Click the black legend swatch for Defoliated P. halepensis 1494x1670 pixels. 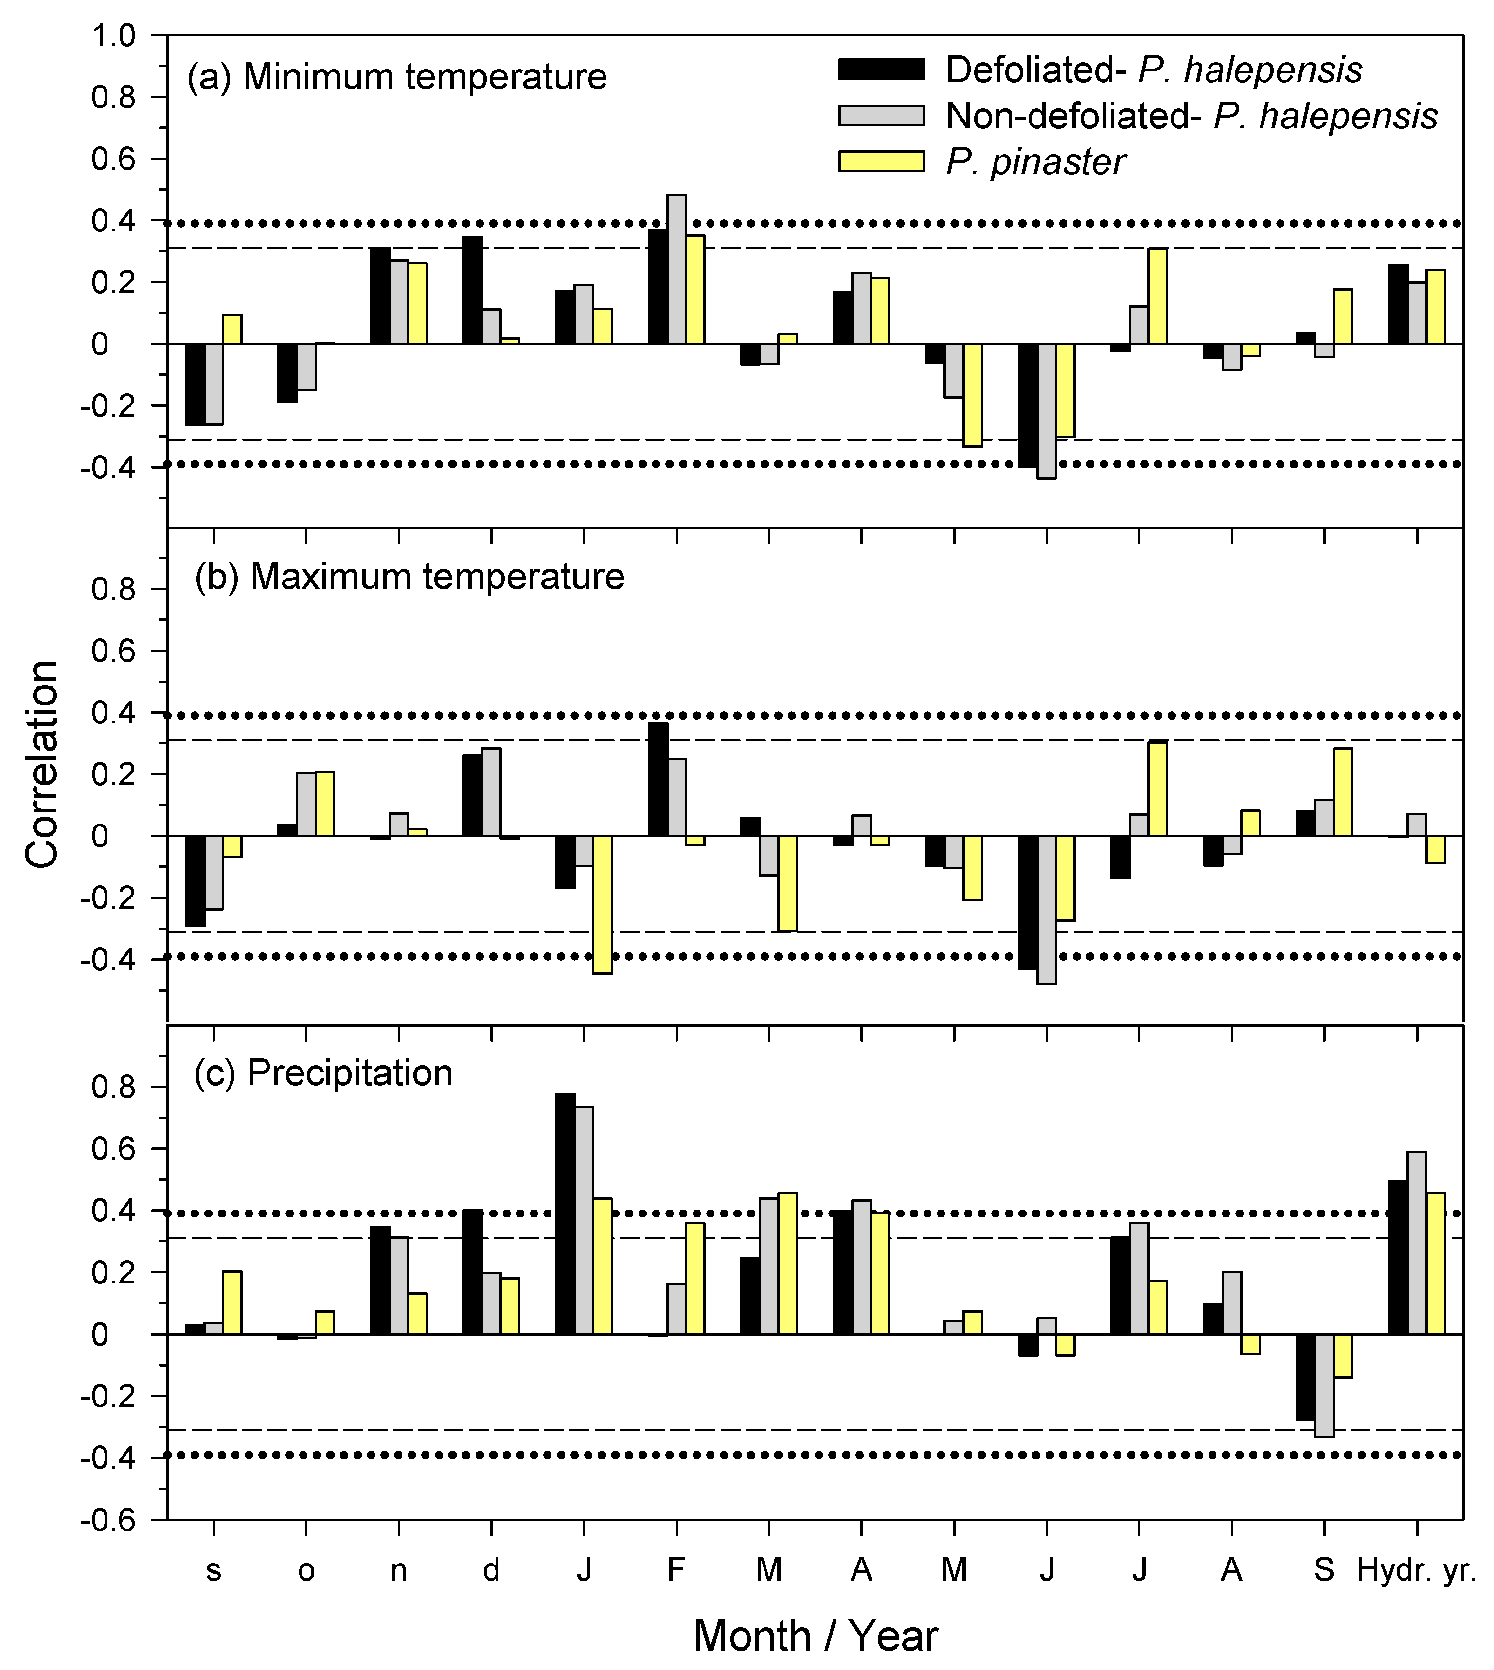click(881, 69)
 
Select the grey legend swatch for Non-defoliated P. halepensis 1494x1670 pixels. click(881, 115)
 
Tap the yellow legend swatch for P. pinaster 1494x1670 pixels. click(881, 161)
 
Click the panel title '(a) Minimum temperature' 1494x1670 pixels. click(397, 77)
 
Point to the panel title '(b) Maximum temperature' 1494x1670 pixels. click(409, 577)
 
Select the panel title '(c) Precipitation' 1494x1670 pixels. click(323, 1072)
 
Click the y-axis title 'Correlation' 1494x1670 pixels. click(43, 763)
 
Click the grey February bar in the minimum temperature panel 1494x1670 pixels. click(676, 269)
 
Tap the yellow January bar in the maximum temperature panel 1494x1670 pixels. click(603, 904)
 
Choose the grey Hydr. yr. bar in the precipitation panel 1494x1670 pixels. click(1416, 1243)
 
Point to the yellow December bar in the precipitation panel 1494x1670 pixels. click(509, 1306)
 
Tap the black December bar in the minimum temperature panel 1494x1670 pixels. click(473, 290)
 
